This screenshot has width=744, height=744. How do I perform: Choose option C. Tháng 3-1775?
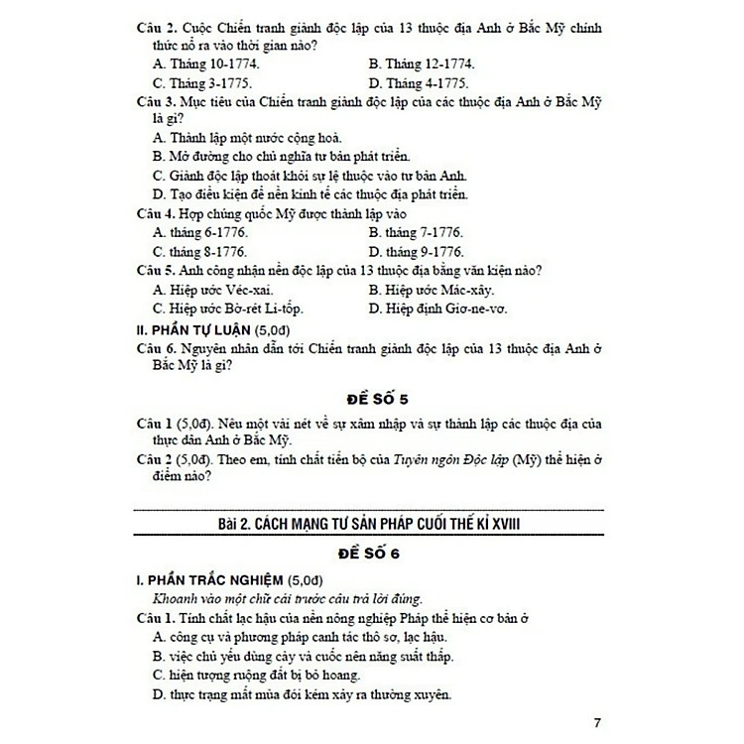[201, 83]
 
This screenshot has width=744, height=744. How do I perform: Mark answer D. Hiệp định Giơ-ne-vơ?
[437, 309]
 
